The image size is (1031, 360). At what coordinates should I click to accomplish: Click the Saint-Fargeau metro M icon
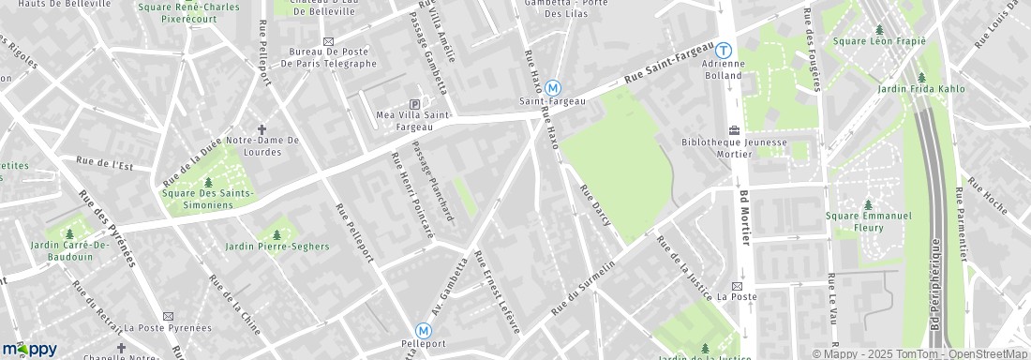point(553,86)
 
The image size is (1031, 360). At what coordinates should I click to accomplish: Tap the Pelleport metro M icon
point(424,330)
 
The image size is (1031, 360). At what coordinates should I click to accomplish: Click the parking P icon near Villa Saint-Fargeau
point(415,105)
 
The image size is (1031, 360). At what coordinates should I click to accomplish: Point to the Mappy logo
point(29,349)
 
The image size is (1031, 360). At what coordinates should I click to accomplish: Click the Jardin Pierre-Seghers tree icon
point(276,233)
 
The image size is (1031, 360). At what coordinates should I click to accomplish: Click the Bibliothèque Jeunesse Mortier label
point(732,147)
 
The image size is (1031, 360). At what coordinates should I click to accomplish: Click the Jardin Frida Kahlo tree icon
point(921,77)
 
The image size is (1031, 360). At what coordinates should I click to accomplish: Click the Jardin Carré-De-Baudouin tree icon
point(70,233)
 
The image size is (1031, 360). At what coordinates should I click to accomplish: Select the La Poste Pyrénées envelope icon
point(169,316)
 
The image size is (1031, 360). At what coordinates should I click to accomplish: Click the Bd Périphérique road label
point(936,291)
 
